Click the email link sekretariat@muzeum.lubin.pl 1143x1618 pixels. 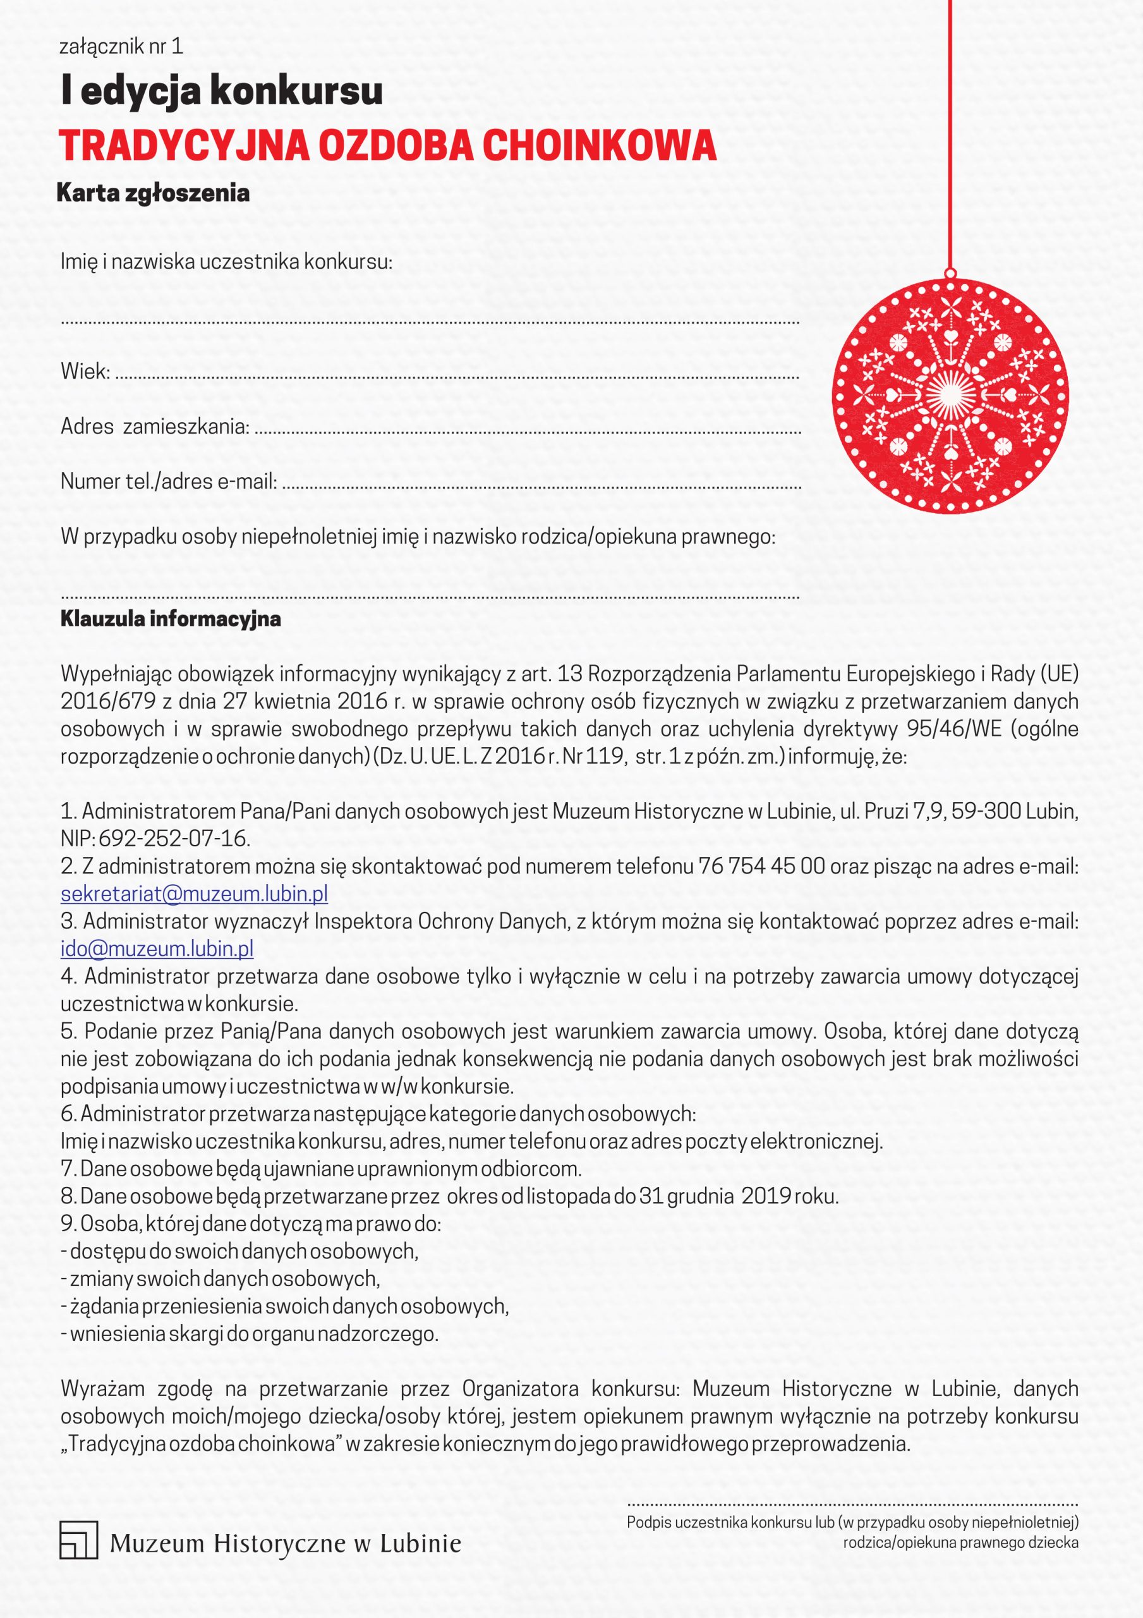pyautogui.click(x=194, y=894)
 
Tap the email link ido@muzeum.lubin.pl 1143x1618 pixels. pyautogui.click(x=157, y=949)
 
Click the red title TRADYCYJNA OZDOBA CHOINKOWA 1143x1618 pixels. pyautogui.click(x=387, y=145)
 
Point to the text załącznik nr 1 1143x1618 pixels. pyautogui.click(x=121, y=47)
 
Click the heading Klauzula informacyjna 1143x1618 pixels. pyautogui.click(x=171, y=619)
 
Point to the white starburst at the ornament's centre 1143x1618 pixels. pyautogui.click(x=949, y=394)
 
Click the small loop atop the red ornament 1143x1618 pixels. pyautogui.click(x=950, y=272)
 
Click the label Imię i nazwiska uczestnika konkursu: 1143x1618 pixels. pyautogui.click(x=226, y=262)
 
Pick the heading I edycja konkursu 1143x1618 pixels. pyautogui.click(x=222, y=92)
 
